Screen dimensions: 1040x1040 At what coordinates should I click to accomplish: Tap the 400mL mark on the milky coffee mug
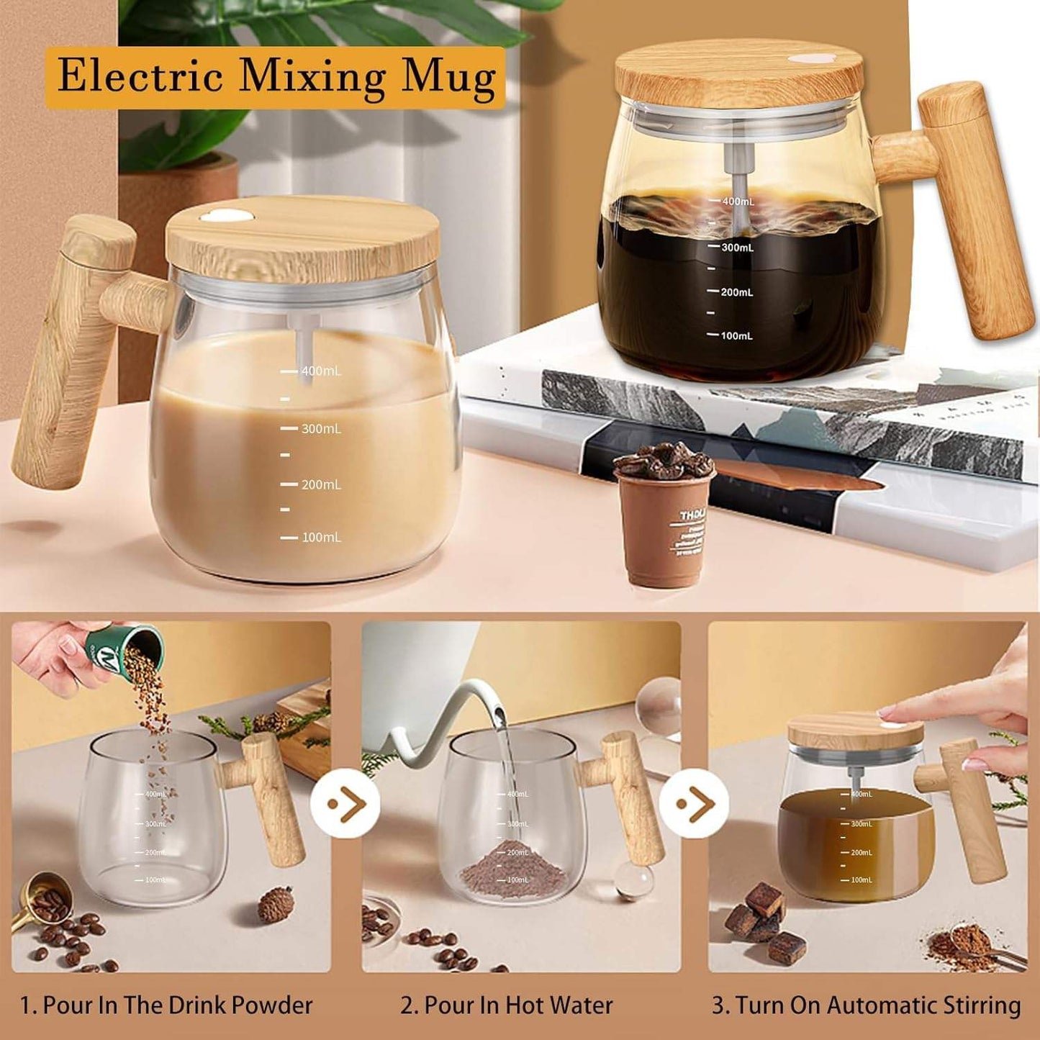tap(320, 371)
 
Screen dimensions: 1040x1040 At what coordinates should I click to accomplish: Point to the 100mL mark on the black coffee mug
tap(736, 336)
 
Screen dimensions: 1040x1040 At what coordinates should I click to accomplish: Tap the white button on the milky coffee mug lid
tap(226, 215)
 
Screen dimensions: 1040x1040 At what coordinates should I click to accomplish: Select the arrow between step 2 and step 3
tap(694, 803)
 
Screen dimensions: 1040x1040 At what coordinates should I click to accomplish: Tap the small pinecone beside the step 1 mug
tap(276, 904)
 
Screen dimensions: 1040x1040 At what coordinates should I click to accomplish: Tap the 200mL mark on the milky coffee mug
tap(320, 485)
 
